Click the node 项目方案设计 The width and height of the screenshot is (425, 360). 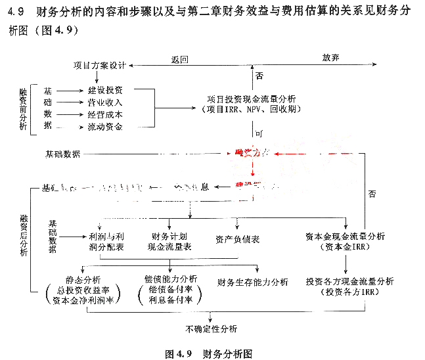click(x=101, y=66)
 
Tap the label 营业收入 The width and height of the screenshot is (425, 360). click(x=104, y=102)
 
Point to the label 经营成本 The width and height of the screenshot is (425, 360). click(x=104, y=114)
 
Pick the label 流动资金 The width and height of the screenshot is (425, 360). click(x=104, y=127)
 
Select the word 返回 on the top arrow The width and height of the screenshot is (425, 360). click(x=180, y=58)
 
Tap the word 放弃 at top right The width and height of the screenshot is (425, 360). click(x=330, y=58)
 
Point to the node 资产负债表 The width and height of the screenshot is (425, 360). click(x=237, y=239)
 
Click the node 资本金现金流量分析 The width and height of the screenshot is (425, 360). click(x=346, y=236)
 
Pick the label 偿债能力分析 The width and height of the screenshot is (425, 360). click(x=170, y=279)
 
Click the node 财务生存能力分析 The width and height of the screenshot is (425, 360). click(x=253, y=282)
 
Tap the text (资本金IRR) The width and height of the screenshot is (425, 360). click(x=346, y=247)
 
